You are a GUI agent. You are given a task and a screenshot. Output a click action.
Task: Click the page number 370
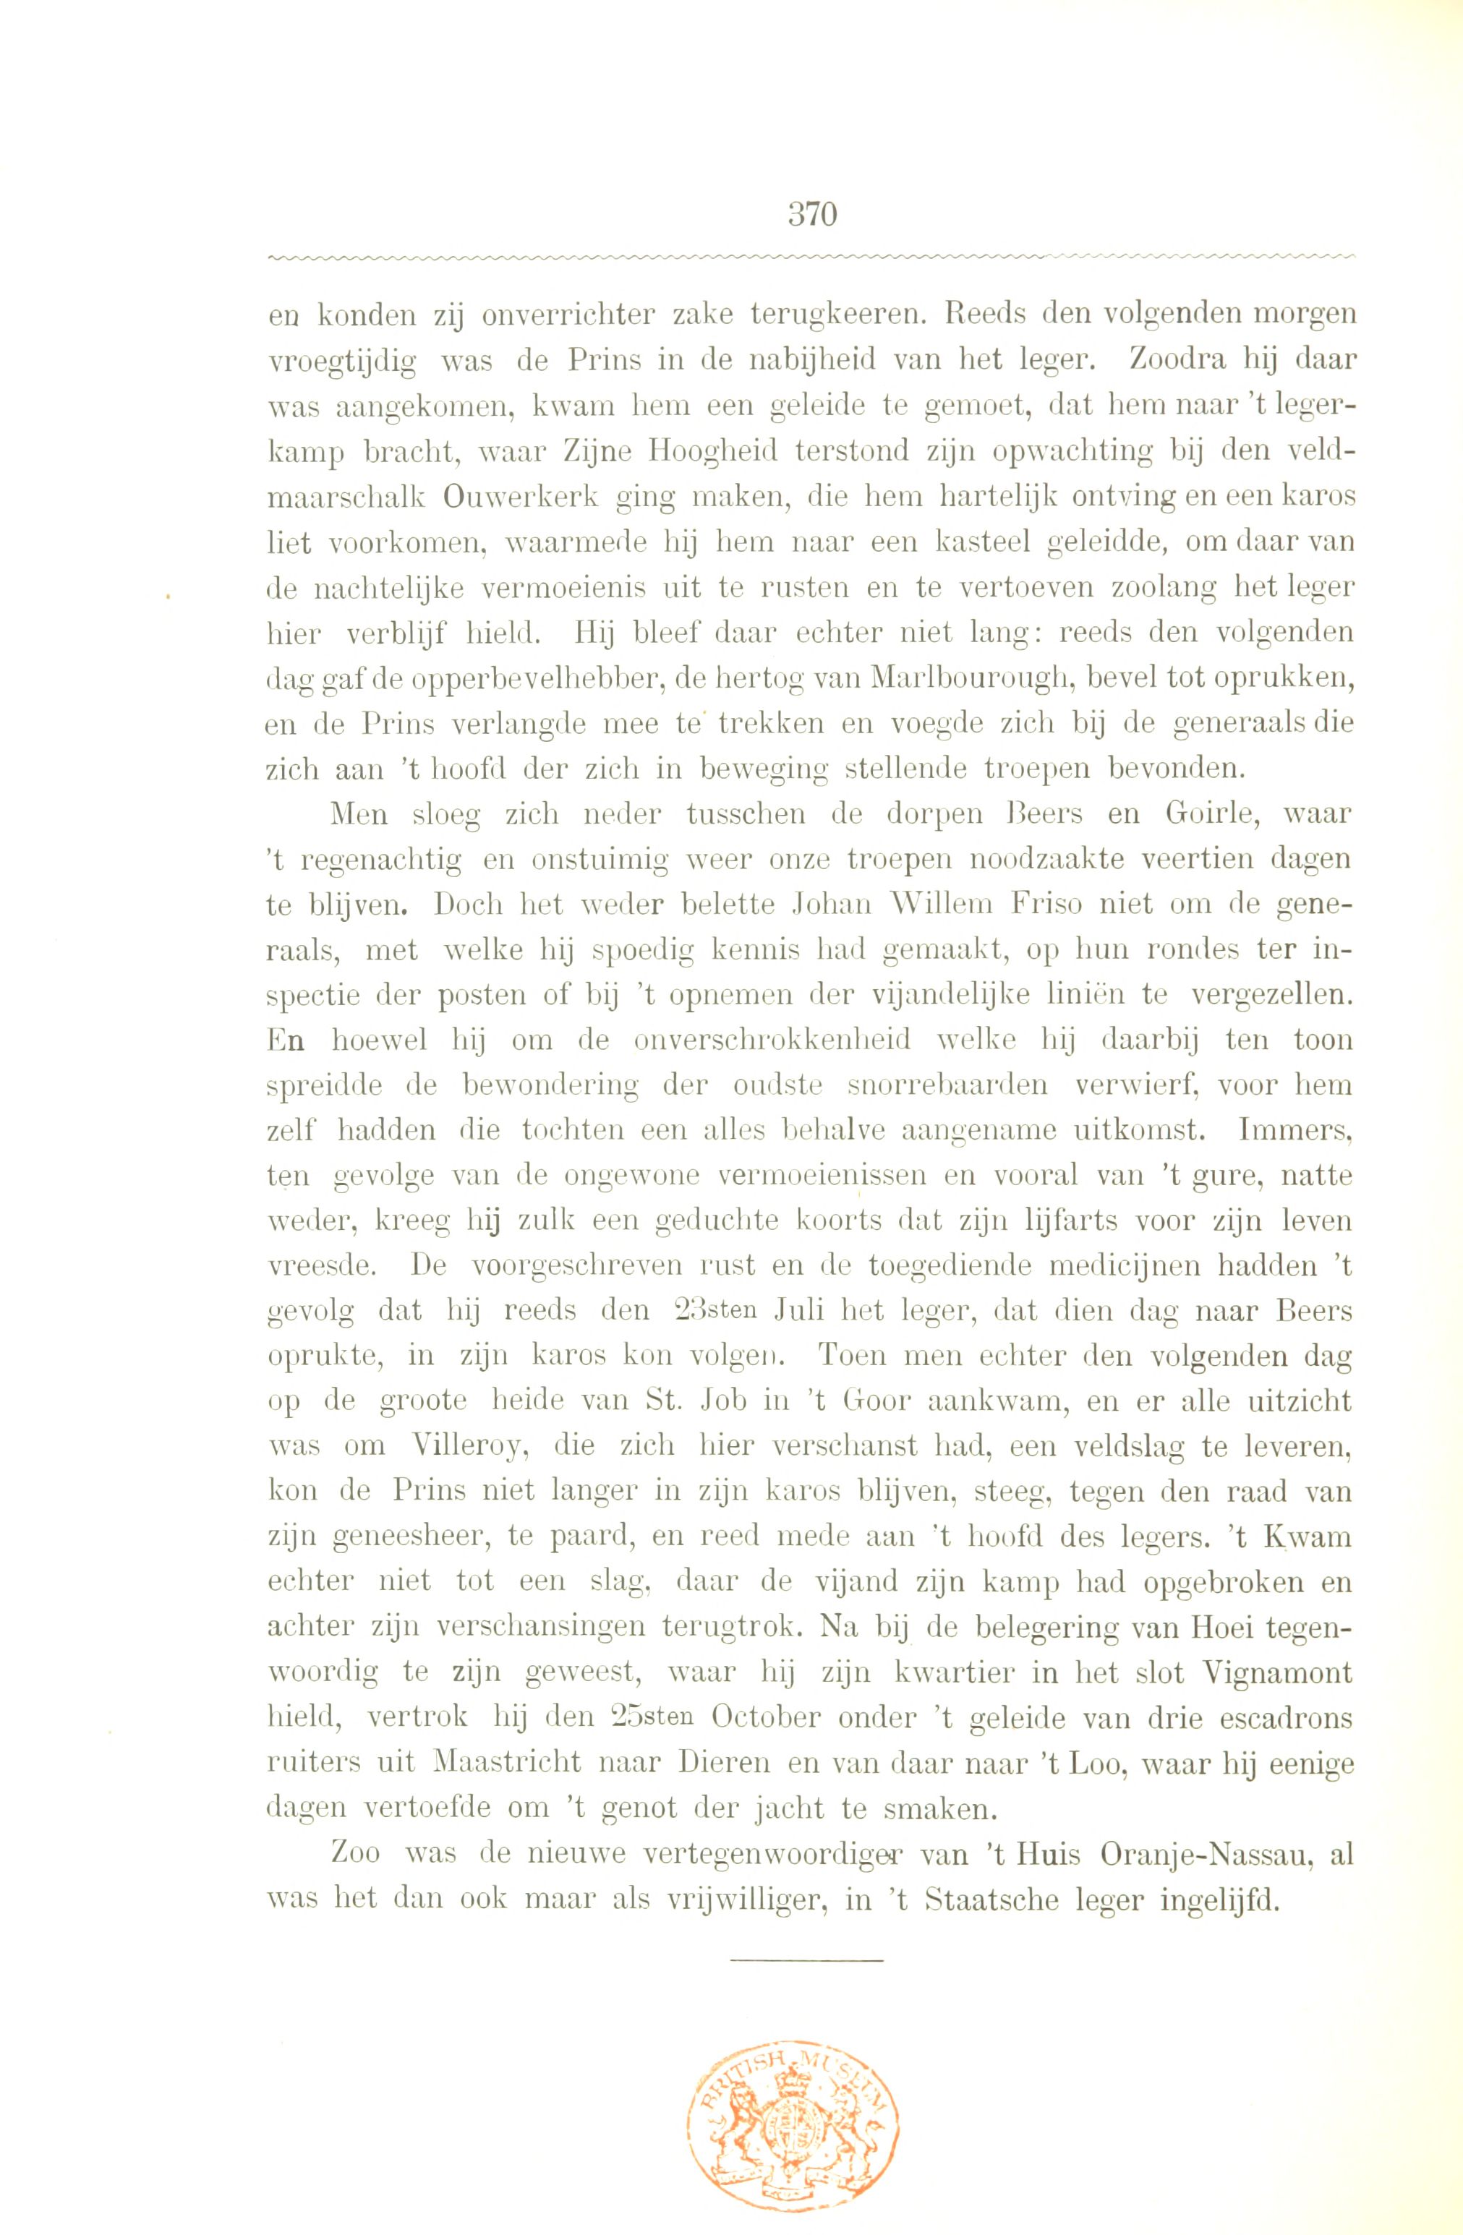812,215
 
